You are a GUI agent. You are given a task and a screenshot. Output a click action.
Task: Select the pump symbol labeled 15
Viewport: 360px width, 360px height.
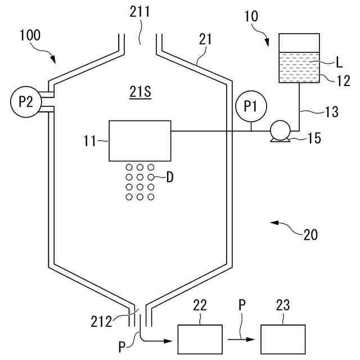[280, 131]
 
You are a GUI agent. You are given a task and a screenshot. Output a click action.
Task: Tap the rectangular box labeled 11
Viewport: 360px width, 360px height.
[139, 140]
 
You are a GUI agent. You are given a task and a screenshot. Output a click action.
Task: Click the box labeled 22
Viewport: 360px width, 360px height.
[200, 339]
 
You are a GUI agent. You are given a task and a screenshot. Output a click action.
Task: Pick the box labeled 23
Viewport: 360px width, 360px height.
[283, 339]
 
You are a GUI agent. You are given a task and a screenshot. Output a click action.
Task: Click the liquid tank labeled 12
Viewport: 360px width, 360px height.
[300, 59]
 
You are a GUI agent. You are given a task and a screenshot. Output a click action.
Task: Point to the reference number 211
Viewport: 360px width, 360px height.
[140, 11]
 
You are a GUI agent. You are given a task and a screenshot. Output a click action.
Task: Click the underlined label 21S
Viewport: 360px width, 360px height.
[140, 92]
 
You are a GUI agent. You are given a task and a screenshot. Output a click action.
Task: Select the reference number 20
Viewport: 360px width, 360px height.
[310, 235]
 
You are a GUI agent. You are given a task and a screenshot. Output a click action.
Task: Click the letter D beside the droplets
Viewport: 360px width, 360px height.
[169, 177]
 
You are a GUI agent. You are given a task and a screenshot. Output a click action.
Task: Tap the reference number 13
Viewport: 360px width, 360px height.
[331, 112]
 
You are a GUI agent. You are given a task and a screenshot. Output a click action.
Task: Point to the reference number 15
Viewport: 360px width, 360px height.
[314, 138]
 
